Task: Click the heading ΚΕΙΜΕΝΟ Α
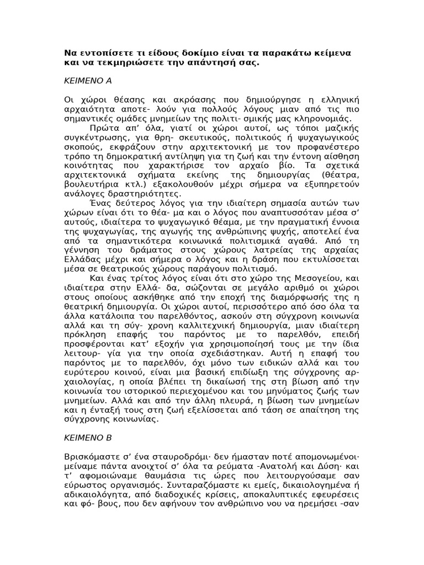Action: tap(88, 81)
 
